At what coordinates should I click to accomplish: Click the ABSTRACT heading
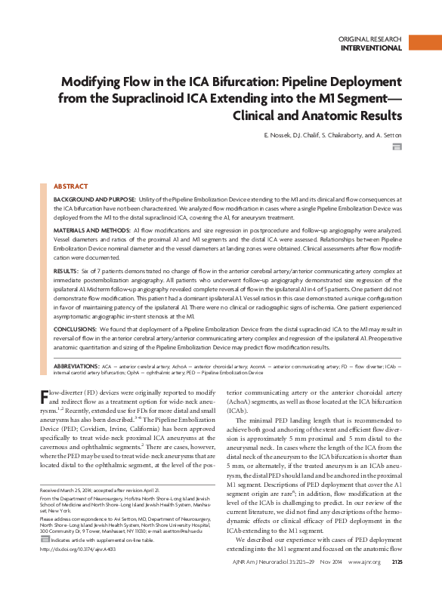pos(70,186)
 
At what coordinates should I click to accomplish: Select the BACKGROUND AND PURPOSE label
pos(94,199)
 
